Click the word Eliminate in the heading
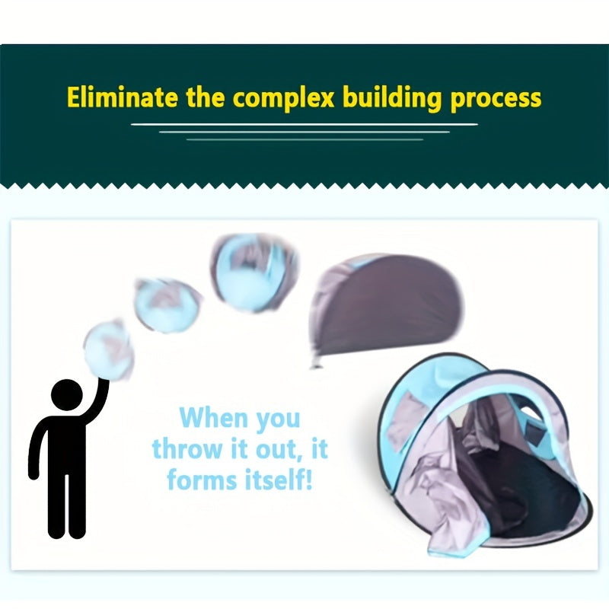[122, 97]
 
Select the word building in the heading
[392, 98]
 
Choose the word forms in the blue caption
[202, 480]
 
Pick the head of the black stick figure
[67, 394]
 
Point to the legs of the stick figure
[66, 505]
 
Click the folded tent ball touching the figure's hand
[109, 350]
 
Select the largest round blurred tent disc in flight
[254, 273]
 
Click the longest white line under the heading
[304, 125]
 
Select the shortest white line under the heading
[305, 139]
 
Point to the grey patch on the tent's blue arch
[404, 421]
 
